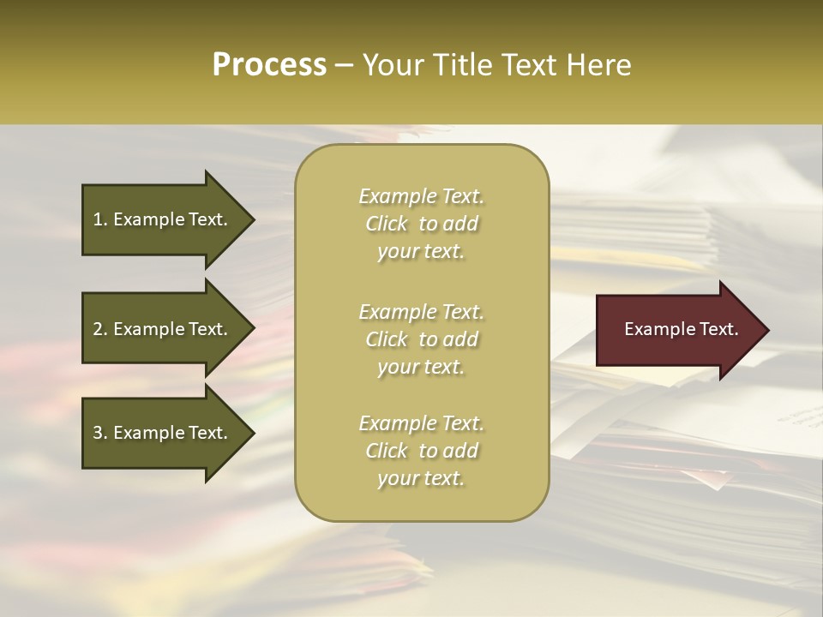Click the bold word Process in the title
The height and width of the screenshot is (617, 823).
click(269, 65)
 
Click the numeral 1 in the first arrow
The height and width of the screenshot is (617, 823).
click(98, 220)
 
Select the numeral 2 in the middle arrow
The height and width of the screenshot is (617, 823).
click(98, 329)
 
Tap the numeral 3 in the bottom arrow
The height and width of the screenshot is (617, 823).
click(98, 434)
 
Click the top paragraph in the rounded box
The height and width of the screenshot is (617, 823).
click(421, 224)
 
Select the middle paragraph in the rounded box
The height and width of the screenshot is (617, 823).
click(421, 339)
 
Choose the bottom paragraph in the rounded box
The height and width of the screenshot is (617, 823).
click(421, 451)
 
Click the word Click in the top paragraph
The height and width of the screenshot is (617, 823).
click(387, 225)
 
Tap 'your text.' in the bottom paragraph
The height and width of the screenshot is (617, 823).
click(421, 479)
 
